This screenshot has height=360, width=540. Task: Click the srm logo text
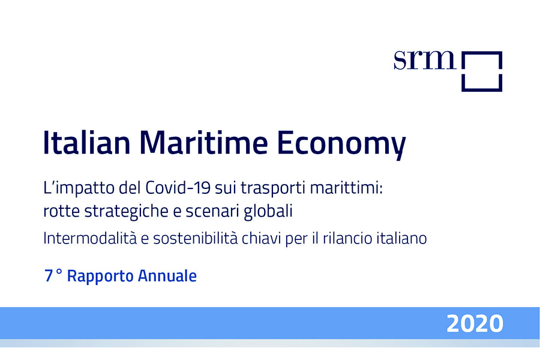(425, 60)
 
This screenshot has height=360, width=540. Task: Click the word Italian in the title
(86, 142)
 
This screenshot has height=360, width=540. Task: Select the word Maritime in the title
(203, 142)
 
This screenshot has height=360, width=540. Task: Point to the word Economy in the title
(341, 145)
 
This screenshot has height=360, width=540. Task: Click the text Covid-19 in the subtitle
(178, 188)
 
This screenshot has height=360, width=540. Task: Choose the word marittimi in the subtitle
(346, 188)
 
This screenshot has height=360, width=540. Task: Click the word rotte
(61, 211)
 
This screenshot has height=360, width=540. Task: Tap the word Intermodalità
(90, 238)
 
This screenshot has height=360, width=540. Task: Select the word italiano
(401, 238)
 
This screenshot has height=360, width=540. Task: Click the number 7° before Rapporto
(53, 275)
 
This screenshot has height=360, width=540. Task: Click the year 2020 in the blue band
(475, 323)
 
